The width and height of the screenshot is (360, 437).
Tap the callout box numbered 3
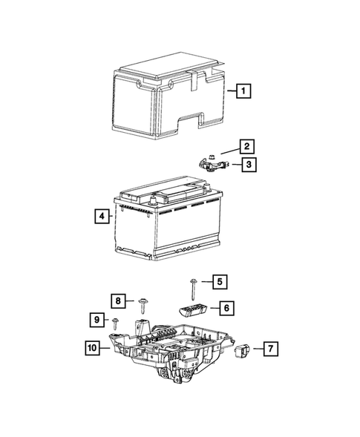point(248,165)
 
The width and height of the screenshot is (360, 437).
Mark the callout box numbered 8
point(118,300)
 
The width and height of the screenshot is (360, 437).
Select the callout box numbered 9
point(96,319)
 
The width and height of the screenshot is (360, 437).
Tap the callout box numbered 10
point(91,346)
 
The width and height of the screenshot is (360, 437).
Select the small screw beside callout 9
point(117,323)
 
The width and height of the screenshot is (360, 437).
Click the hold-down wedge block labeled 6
point(192,309)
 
